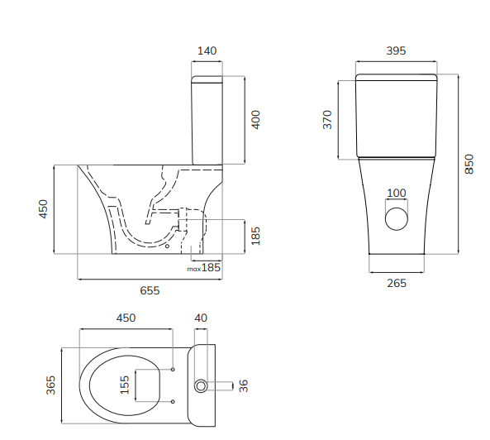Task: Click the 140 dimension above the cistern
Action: [207, 51]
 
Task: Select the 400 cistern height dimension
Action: [255, 120]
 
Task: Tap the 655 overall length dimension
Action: [150, 290]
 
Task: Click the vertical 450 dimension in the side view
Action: [43, 208]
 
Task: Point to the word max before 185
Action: [193, 268]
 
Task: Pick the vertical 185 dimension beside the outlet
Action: [255, 237]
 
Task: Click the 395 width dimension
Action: [396, 51]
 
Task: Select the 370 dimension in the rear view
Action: [327, 120]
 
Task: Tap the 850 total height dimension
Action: [469, 164]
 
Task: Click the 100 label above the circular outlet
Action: [397, 194]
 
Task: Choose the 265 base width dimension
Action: [397, 283]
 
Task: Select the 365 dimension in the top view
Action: [51, 385]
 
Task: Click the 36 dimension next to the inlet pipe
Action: [243, 385]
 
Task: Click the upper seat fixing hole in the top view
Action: [173, 369]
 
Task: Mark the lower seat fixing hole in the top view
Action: [173, 402]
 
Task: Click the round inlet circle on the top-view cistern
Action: [200, 386]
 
